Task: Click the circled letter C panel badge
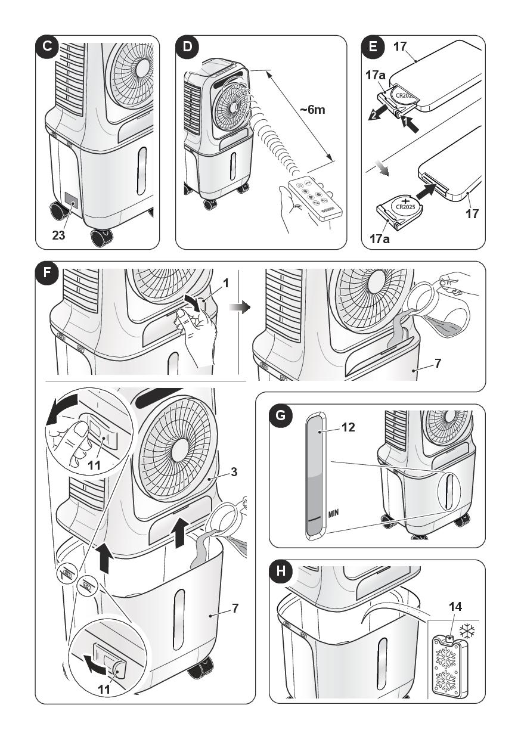tap(47, 46)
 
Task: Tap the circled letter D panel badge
tap(187, 46)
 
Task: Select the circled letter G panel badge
tap(280, 415)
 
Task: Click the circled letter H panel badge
tap(280, 571)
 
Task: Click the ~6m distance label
tap(312, 110)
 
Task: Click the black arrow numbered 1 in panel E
tap(410, 125)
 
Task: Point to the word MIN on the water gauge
tap(334, 513)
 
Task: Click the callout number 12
tap(348, 427)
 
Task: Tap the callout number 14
tap(455, 607)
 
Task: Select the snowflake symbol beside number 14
tap(467, 631)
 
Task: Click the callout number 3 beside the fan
tap(234, 472)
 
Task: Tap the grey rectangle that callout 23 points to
tap(72, 200)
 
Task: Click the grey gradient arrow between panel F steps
tap(240, 307)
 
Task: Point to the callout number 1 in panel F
tap(226, 284)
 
